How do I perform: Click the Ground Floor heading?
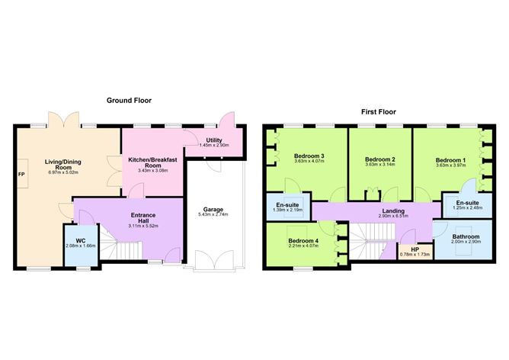pos(129,100)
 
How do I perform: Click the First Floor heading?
pos(379,111)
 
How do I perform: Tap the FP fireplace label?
pos(21,174)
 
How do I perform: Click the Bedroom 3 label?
pos(309,156)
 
